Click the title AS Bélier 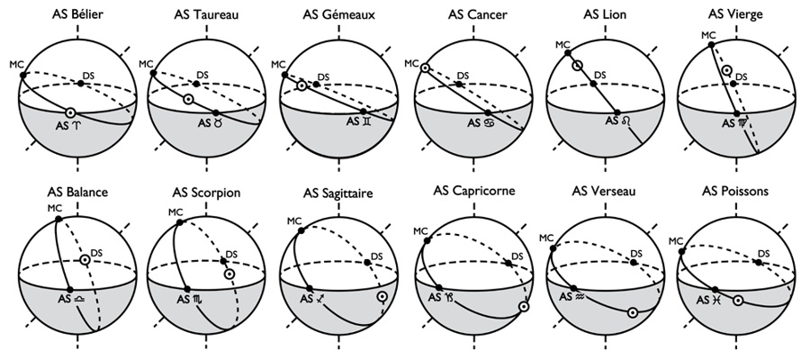point(77,14)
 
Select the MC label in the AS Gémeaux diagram point(278,65)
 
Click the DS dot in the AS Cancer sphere point(459,85)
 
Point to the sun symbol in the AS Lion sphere point(577,66)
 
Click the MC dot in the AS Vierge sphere point(711,45)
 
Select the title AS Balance point(77,192)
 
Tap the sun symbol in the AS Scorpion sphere point(229,274)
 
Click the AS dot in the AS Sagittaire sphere point(310,289)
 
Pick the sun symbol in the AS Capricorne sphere point(524,306)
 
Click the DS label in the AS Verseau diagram point(636,254)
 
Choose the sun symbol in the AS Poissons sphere point(739,300)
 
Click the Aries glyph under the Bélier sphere point(77,125)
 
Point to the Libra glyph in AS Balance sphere point(80,300)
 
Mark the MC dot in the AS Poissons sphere point(682,251)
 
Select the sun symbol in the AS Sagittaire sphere point(382,297)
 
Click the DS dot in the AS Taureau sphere point(197,84)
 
